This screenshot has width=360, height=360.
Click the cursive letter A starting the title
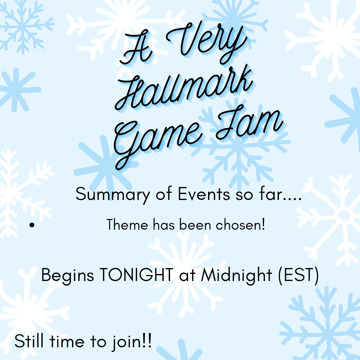tap(137, 50)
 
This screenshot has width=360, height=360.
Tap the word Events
tap(204, 194)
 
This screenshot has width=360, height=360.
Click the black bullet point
tap(32, 225)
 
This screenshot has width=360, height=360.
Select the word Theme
tap(127, 225)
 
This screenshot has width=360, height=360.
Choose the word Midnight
tap(236, 275)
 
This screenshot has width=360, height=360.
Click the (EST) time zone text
tap(298, 275)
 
